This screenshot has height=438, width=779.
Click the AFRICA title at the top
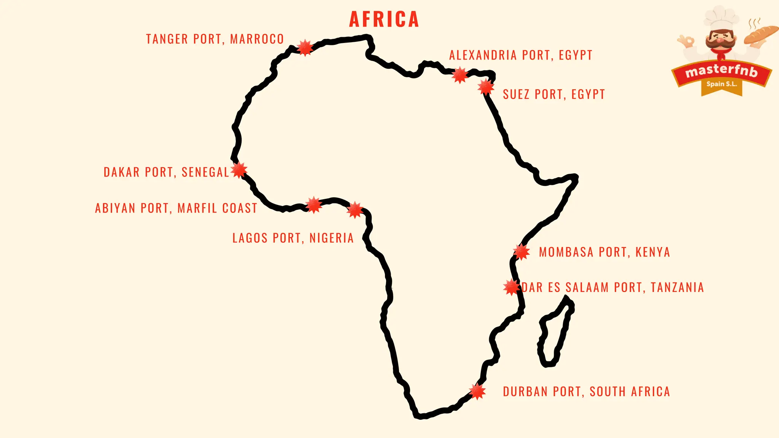pos(384,19)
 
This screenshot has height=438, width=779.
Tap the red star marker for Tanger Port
pos(305,48)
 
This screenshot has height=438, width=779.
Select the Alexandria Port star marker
pos(460,75)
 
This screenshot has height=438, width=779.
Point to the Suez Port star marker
pos(486,87)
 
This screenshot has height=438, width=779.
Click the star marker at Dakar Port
pos(239,170)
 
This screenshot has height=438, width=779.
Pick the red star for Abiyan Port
pos(314,205)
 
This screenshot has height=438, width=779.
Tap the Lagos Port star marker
pos(355,210)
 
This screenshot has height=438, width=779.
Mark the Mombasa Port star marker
pos(521,252)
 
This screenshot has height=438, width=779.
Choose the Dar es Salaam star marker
pos(512,287)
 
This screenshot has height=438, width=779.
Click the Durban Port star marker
pos(477,391)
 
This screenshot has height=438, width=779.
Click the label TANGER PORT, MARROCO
pos(215,39)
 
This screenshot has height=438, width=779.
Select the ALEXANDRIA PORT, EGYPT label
pos(521,55)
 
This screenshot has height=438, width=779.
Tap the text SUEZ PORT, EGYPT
pos(553,94)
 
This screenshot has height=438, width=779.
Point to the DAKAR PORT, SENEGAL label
pos(166,172)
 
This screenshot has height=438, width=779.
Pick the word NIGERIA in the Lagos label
pos(331,238)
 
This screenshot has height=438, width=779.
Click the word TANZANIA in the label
pos(677,287)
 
